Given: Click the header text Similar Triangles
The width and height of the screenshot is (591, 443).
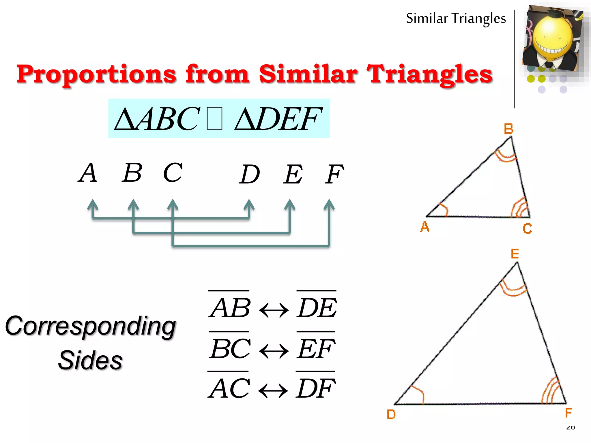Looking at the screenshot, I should coord(456,18).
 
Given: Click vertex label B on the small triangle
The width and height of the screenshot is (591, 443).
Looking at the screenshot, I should coord(508,129).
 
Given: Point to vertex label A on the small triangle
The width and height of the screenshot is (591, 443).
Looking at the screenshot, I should coord(424,227).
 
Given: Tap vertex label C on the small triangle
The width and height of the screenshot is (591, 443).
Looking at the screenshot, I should coord(527,229).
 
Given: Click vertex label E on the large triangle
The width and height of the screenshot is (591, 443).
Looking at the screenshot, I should coord(515,254).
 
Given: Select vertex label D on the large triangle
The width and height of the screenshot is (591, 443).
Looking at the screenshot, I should coord(391,414).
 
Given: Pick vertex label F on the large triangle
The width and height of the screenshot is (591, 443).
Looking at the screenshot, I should coord(568,413).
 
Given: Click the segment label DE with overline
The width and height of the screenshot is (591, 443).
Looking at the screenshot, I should coord(317,307).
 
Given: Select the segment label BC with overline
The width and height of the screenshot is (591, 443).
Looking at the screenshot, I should coord(230,348).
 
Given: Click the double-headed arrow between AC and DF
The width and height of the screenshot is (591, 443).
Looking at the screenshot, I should coord(273,391).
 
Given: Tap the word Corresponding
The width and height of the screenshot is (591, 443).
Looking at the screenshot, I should coord(91,326).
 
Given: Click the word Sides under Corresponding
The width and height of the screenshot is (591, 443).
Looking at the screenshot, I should coord(90,360).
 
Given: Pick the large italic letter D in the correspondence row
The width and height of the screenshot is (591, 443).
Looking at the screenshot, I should coord(250,174).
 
